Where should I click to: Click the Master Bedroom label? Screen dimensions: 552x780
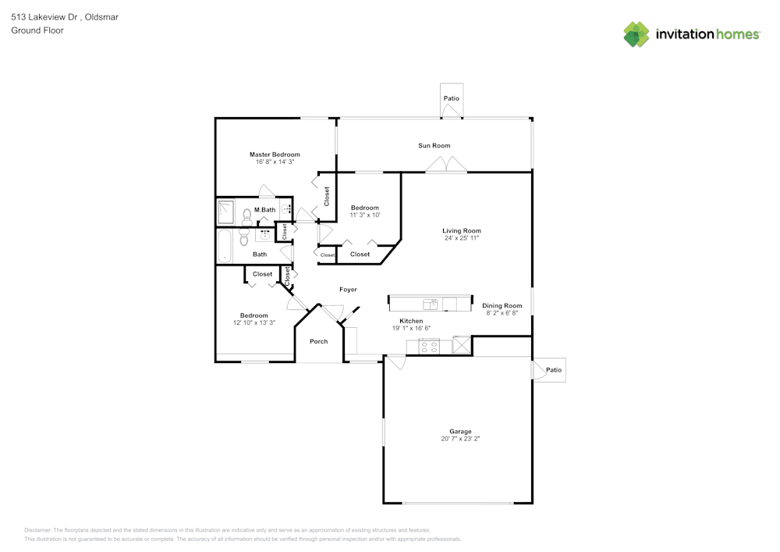coord(275,155)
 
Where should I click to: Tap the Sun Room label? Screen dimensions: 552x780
coord(434,146)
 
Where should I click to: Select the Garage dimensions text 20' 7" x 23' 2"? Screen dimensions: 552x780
coord(460,439)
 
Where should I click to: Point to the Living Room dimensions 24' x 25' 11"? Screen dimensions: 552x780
coord(461,238)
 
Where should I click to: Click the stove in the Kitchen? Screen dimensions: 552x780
coord(423,345)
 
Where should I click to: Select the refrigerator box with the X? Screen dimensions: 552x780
coord(462,345)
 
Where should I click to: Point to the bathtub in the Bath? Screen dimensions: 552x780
coord(225,247)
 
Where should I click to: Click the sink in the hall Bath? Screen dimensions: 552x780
coord(264,234)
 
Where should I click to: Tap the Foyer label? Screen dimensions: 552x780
coord(348,290)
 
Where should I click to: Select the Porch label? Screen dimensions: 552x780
coord(318,341)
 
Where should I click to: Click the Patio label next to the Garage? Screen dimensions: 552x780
coord(553,370)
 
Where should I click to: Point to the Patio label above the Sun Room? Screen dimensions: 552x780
coord(451,98)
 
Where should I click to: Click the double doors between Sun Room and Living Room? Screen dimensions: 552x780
coord(446,165)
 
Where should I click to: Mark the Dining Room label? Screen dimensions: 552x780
coord(502,306)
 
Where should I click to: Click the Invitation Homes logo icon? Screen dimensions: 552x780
coord(636,34)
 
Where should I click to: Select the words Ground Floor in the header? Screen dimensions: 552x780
coord(37,30)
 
